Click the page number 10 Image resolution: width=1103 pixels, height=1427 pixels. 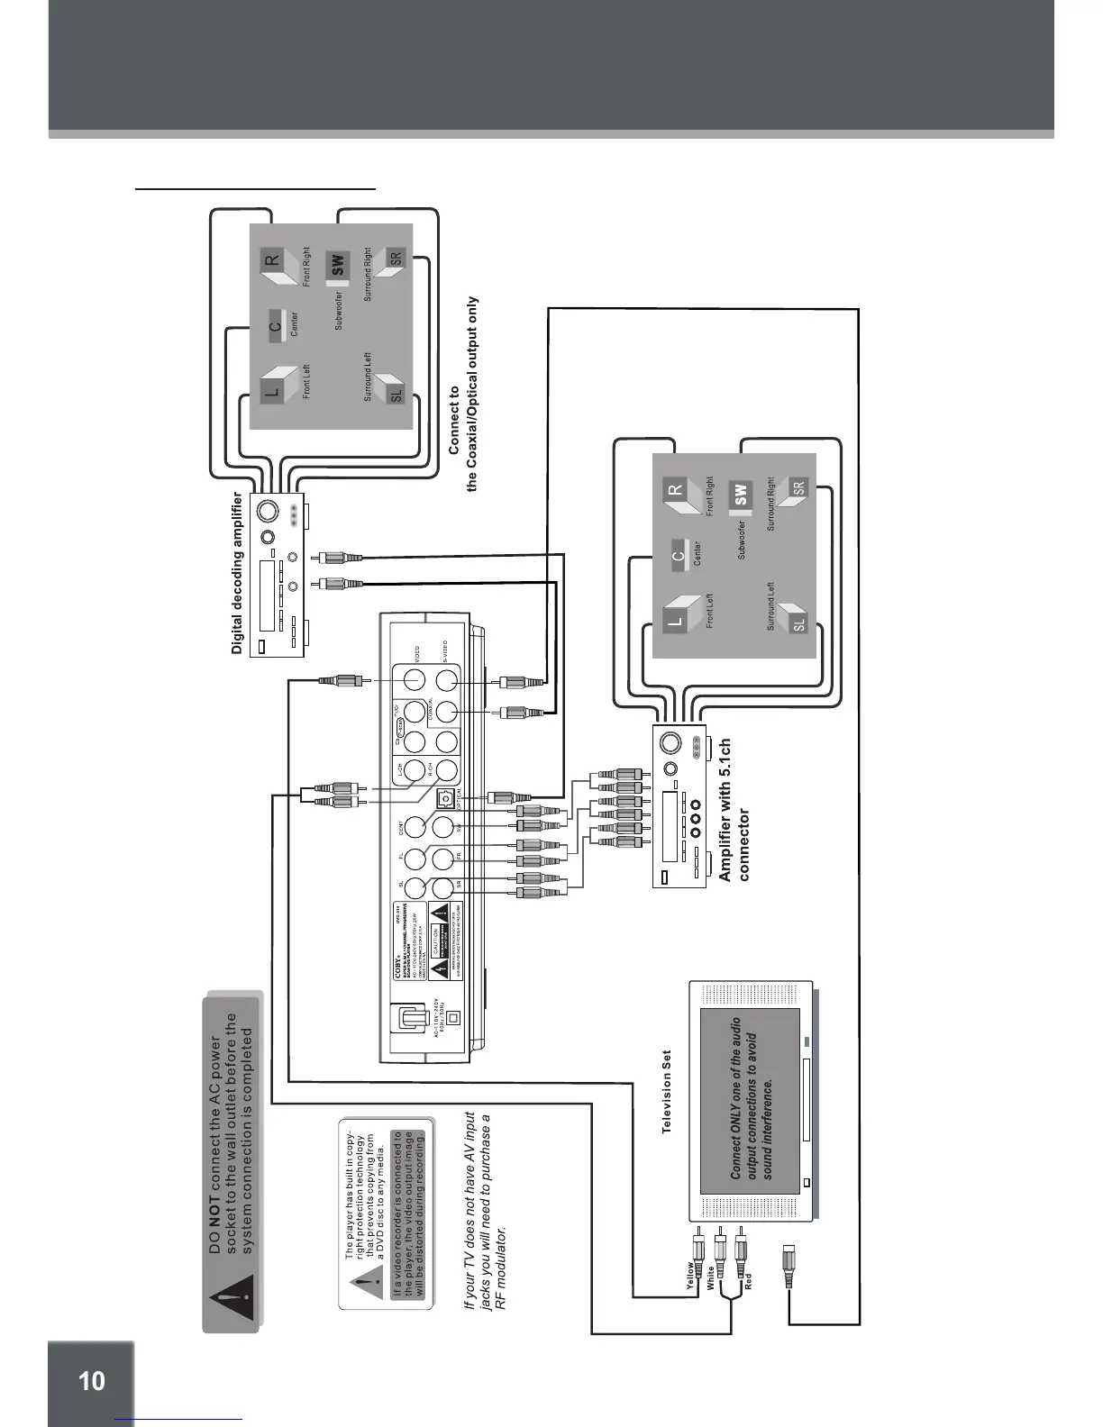point(91,1381)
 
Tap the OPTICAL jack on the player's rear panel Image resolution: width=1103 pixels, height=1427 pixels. point(444,798)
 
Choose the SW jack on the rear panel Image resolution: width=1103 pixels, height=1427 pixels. point(442,827)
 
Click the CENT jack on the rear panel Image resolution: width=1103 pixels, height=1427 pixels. point(415,827)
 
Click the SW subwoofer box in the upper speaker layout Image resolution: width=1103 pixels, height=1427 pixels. point(337,265)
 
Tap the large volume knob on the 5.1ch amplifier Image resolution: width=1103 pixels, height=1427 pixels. point(670,744)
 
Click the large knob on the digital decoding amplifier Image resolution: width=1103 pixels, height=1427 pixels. point(268,512)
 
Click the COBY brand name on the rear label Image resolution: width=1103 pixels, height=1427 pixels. point(399,974)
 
